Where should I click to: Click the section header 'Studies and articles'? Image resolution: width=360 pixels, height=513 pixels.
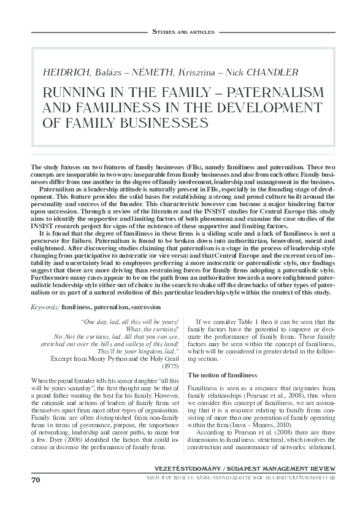(x=182, y=31)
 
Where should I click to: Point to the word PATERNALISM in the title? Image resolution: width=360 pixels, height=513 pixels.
(x=272, y=93)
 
